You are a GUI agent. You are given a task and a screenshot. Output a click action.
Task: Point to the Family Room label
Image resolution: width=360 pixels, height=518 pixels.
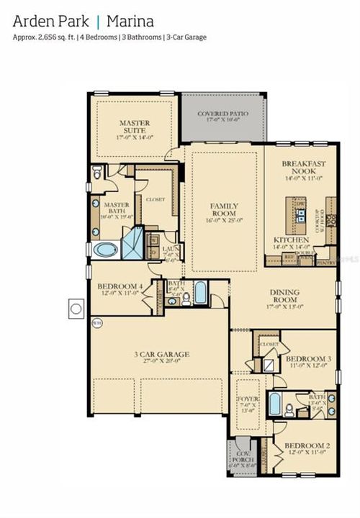224,210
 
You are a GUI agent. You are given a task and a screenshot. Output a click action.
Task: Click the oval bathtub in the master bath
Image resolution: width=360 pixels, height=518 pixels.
106,250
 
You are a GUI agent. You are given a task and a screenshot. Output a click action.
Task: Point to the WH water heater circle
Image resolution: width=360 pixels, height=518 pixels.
96,322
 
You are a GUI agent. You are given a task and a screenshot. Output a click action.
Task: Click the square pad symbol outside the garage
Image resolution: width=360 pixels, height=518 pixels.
76,309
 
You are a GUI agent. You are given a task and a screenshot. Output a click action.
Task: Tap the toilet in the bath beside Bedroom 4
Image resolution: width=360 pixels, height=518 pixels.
186,298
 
